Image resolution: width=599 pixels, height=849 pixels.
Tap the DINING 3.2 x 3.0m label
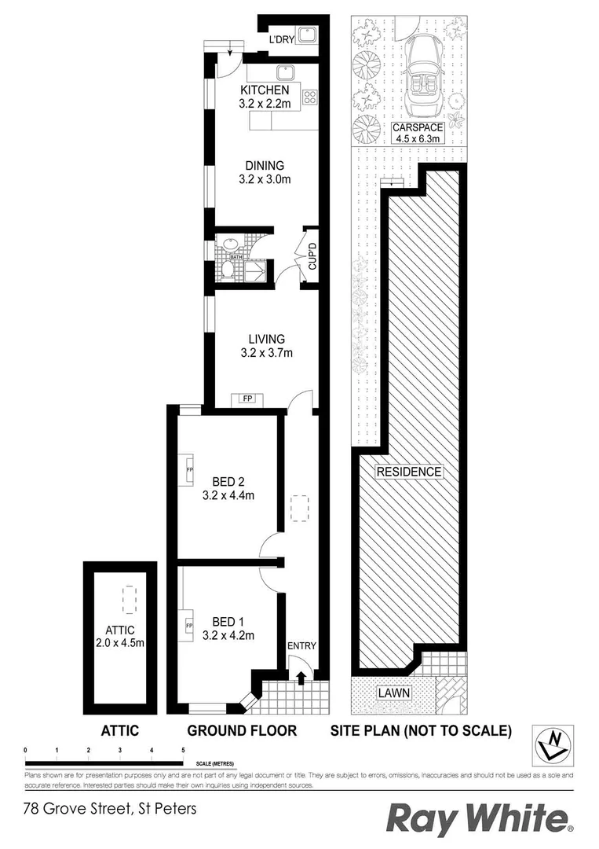click(x=264, y=172)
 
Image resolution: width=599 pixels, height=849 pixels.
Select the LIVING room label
click(x=264, y=346)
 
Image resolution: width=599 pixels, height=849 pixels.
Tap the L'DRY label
click(x=280, y=39)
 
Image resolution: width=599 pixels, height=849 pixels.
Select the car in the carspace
click(x=424, y=75)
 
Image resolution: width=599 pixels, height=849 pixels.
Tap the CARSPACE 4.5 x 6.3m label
click(x=418, y=132)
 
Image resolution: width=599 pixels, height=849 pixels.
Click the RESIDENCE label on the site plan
click(x=409, y=472)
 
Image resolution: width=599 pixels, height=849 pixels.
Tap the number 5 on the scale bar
click(x=183, y=751)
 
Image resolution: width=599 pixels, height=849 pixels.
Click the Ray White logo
click(x=480, y=818)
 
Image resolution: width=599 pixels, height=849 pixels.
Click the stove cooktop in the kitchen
click(x=309, y=99)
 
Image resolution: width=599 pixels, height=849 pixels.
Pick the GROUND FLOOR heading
click(x=242, y=730)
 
